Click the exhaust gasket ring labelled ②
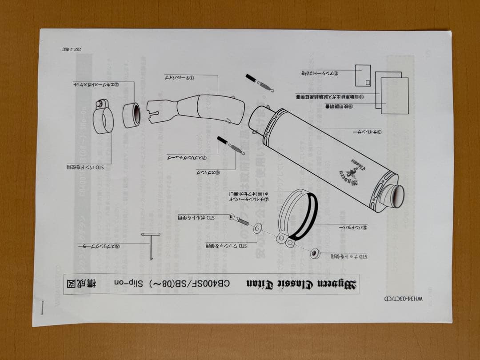click(132, 115)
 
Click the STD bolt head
click(232, 217)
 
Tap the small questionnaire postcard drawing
click(363, 76)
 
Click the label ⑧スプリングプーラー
click(99, 245)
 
